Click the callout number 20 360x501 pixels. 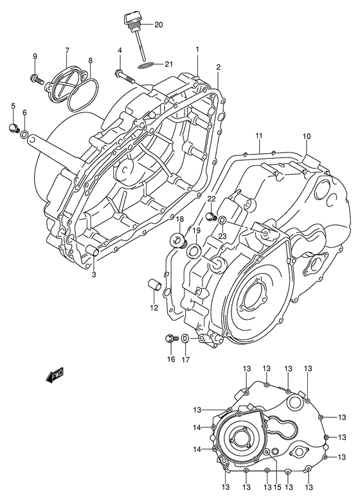159,24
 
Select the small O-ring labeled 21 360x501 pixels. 146,64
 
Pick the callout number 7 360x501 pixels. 66,51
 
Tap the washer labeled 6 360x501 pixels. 24,135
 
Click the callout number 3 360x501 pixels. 94,276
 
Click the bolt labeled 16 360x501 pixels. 171,338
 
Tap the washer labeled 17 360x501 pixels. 184,340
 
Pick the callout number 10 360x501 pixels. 307,136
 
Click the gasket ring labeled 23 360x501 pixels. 221,222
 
